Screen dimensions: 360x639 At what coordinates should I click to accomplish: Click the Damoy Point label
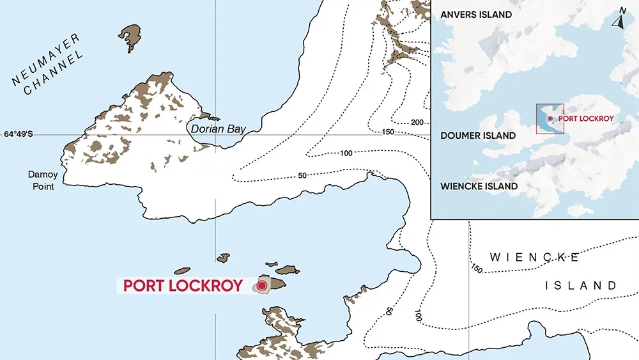42,180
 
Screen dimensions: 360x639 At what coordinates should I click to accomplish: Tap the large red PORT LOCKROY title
183,285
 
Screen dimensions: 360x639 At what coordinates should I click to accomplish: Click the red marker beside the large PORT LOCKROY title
261,285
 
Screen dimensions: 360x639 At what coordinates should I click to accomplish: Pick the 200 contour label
418,122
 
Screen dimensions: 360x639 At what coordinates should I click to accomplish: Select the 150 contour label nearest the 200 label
388,132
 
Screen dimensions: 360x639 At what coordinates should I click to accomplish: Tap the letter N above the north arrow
622,10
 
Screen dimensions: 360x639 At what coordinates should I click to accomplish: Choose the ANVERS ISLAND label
476,14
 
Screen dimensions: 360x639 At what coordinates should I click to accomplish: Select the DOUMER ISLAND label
478,136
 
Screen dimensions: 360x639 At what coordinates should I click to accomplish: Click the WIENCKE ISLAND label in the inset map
479,186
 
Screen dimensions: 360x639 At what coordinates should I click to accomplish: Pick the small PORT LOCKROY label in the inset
586,118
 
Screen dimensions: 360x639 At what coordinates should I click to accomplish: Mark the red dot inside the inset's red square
550,119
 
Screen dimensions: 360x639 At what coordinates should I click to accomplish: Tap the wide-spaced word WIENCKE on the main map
534,258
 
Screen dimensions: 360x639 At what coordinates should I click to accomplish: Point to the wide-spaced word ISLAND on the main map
581,285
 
